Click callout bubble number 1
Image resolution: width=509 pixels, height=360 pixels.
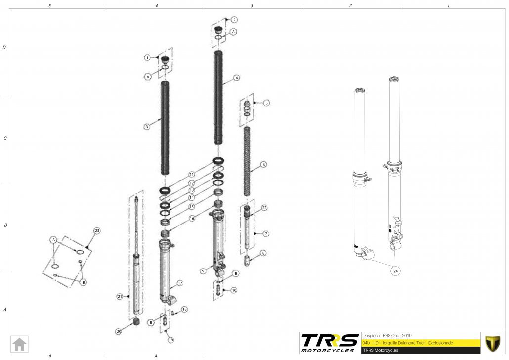click(x=147, y=58)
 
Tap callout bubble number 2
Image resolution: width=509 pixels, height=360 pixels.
click(x=234, y=20)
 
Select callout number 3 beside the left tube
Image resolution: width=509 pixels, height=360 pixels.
click(x=147, y=127)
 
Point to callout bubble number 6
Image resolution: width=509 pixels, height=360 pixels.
click(x=264, y=164)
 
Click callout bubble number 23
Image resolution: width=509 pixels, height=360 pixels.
click(x=97, y=230)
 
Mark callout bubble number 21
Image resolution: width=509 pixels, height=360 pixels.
click(x=120, y=297)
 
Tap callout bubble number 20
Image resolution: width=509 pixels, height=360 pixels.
click(x=119, y=331)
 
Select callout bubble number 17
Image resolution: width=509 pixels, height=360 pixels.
click(x=180, y=283)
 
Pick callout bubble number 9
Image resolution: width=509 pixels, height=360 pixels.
click(x=203, y=271)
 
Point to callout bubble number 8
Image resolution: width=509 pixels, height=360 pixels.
click(x=263, y=253)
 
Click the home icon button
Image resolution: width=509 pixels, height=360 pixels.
click(x=20, y=343)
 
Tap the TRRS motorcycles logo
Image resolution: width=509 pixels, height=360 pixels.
click(x=330, y=342)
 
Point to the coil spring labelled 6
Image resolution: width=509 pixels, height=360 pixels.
click(x=249, y=161)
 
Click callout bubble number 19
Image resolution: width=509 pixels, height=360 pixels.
click(x=170, y=340)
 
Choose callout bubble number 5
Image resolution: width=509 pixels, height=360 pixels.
click(x=266, y=103)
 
